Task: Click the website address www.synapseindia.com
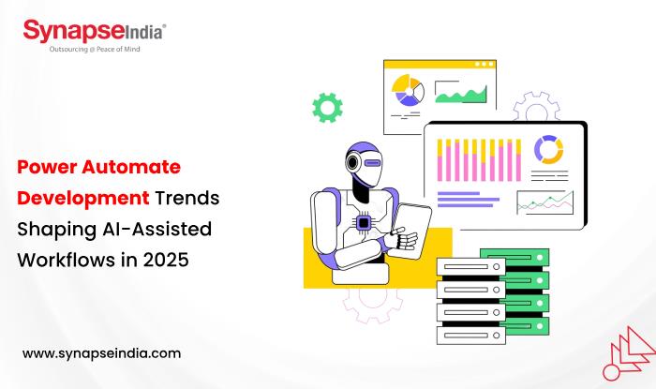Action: coord(101,353)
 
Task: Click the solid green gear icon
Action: coord(327,108)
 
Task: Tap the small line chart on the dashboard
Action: coord(544,202)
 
